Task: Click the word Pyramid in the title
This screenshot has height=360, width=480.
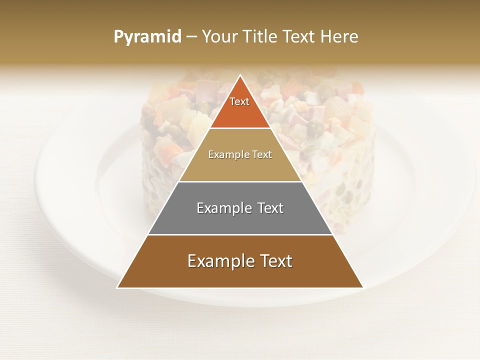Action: pos(147,37)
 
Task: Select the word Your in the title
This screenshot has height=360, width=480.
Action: pos(220,36)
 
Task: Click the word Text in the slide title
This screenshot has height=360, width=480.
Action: pos(299,36)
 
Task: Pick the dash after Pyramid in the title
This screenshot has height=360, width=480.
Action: pos(191,37)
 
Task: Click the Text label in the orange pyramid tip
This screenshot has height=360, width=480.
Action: pos(239,101)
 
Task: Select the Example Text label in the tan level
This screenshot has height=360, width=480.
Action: pos(240,155)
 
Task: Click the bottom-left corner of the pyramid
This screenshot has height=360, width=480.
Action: pos(117,287)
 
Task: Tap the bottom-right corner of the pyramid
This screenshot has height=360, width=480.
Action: pos(363,287)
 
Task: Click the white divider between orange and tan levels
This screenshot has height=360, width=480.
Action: pos(240,128)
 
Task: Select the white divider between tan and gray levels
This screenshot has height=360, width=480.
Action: pos(240,181)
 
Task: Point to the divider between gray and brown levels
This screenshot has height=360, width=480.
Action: pos(240,234)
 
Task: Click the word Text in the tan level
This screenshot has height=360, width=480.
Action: pos(261,155)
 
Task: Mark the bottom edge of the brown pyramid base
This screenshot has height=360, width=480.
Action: pos(240,288)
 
